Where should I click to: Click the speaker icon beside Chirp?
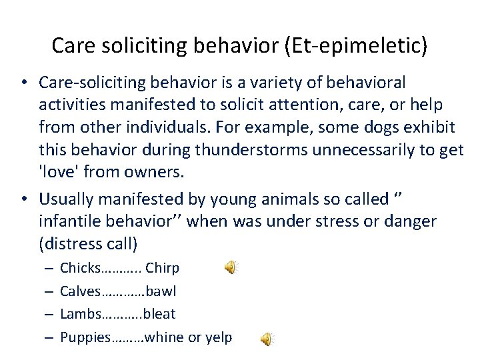230,268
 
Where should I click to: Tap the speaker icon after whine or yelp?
266,339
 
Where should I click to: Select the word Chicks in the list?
79,268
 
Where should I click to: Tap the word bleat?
159,313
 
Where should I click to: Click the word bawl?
161,291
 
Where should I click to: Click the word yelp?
217,337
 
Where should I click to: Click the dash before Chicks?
49,268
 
